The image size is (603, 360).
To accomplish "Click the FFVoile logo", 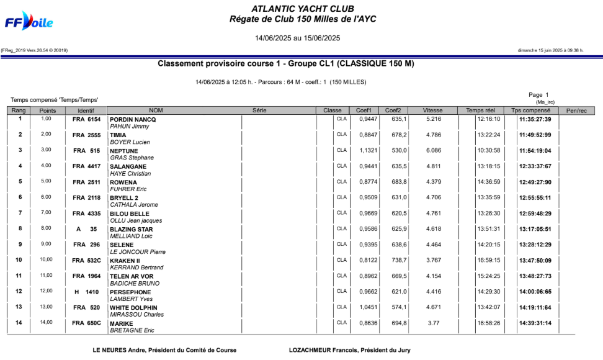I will (29, 21).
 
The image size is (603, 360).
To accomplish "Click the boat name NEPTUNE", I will (123, 151).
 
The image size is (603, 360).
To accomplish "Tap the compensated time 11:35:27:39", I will (535, 119).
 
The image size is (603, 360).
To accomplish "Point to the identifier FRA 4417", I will (86, 166).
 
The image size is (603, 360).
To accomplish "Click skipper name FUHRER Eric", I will (128, 189).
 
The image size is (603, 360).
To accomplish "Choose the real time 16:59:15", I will (488, 261).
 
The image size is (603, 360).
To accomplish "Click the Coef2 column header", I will (393, 110).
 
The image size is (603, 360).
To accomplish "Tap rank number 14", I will (20, 323).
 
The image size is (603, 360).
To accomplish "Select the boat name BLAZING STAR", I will (131, 229).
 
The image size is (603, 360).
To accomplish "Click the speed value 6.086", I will (434, 150).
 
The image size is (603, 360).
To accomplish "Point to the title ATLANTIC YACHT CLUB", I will (303, 9).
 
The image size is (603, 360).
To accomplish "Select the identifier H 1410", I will (86, 292).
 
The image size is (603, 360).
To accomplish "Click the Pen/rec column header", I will (577, 110).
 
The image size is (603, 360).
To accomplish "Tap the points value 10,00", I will (47, 260).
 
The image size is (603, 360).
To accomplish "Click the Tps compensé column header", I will (533, 110).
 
